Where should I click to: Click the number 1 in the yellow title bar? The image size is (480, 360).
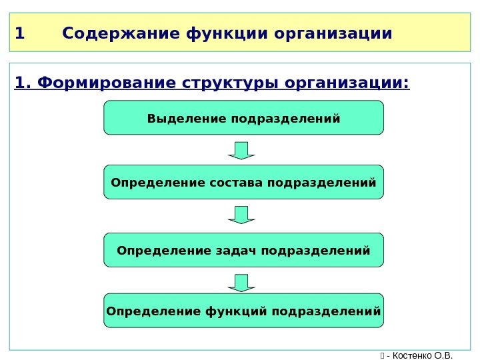[19, 33]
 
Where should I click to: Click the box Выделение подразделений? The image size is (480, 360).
[243, 118]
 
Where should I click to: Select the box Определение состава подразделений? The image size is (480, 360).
[243, 182]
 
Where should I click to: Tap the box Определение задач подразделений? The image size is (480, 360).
[243, 250]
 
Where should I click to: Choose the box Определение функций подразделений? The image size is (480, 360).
[243, 311]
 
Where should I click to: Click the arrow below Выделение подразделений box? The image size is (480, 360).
[241, 150]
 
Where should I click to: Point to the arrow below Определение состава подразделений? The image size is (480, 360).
[241, 215]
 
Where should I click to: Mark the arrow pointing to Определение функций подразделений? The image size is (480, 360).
[241, 283]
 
